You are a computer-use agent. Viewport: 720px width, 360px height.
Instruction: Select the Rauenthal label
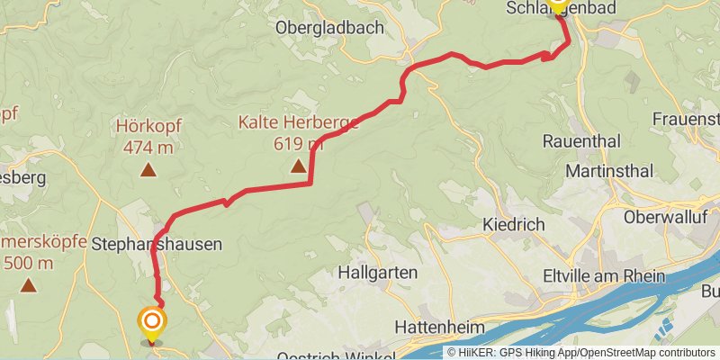582,141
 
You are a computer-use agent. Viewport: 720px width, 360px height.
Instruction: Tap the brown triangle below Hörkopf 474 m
147,168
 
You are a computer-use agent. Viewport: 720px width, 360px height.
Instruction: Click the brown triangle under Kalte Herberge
298,166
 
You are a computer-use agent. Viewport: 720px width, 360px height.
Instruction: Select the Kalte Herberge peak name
298,123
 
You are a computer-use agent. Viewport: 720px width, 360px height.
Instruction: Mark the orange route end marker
151,322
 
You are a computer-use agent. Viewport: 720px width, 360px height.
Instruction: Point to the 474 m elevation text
147,147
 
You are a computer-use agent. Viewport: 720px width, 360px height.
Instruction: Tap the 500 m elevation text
30,264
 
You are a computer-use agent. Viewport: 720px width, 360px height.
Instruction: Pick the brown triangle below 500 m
29,286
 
